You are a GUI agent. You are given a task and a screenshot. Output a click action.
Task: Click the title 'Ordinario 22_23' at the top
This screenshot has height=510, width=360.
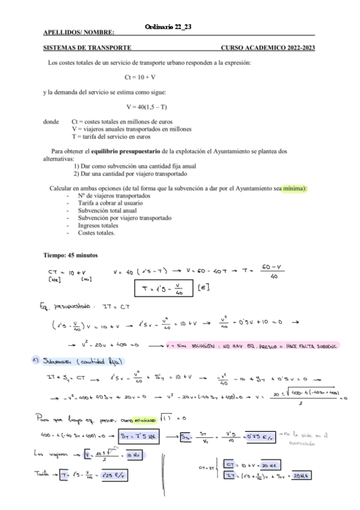pos(168,26)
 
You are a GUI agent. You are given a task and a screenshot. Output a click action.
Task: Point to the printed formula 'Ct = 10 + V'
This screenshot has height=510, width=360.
pos(140,77)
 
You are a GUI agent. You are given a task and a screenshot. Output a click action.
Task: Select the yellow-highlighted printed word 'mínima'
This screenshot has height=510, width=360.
pos(294,188)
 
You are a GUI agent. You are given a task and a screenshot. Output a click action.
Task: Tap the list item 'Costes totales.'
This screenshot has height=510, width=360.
pos(96,232)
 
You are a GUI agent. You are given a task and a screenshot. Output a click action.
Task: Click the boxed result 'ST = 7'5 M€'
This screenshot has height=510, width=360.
pos(138,435)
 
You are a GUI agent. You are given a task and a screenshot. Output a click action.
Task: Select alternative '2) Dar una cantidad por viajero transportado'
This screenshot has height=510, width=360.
pos(130,174)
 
